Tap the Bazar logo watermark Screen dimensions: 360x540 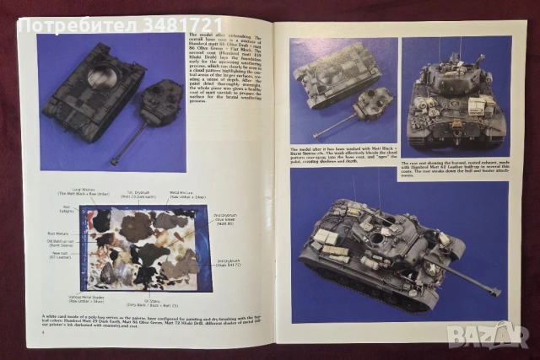[x=489, y=335]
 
